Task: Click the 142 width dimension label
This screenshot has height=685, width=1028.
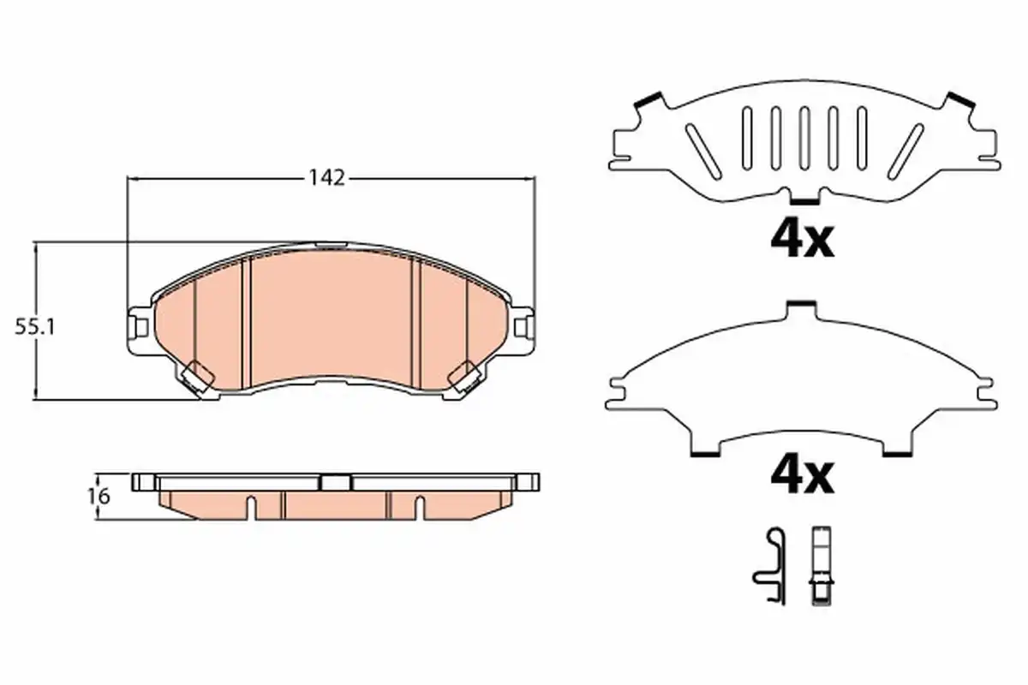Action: pyautogui.click(x=326, y=178)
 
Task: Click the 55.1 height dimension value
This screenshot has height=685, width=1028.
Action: pyautogui.click(x=35, y=327)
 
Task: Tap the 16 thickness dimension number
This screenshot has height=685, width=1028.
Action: pyautogui.click(x=99, y=497)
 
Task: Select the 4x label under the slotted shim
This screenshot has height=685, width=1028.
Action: pyautogui.click(x=802, y=241)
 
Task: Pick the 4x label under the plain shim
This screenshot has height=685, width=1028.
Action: pyautogui.click(x=802, y=477)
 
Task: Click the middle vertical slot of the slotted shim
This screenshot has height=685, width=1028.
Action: pyautogui.click(x=804, y=138)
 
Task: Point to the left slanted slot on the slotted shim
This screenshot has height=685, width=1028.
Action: pyautogui.click(x=703, y=152)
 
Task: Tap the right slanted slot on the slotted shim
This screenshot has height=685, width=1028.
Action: pyautogui.click(x=905, y=152)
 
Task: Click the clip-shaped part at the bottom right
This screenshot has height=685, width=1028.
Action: pyautogui.click(x=770, y=566)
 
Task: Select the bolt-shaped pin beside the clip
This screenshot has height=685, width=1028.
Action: pyautogui.click(x=821, y=566)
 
